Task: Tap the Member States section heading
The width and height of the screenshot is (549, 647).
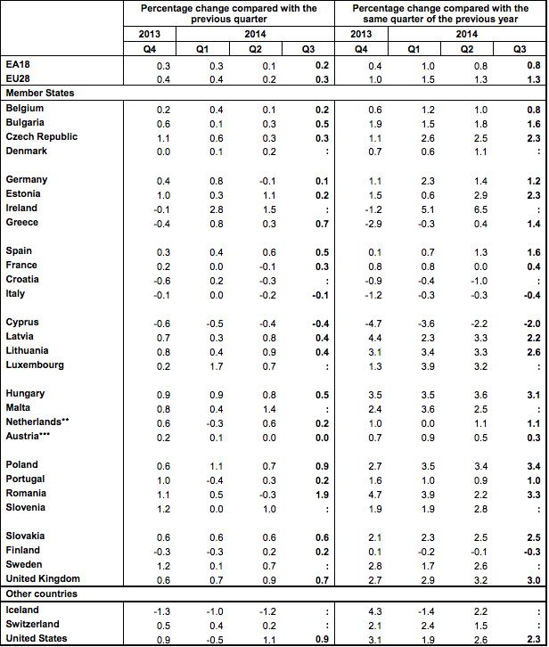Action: (x=39, y=93)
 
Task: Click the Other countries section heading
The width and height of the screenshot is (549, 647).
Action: (x=42, y=593)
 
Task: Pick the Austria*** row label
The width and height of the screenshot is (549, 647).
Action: (x=34, y=436)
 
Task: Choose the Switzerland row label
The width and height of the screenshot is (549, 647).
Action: (x=34, y=624)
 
